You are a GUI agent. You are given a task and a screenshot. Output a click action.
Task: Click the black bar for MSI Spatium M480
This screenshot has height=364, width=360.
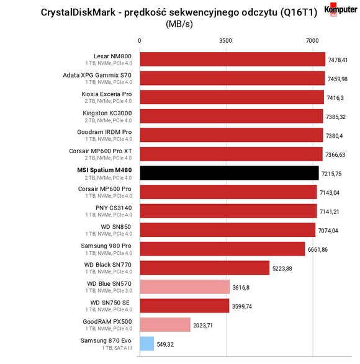click(x=229, y=173)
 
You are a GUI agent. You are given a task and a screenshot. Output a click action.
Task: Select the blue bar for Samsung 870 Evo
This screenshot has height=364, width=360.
click(x=147, y=344)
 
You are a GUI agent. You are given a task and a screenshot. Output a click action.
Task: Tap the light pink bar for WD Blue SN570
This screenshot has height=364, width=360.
click(x=185, y=286)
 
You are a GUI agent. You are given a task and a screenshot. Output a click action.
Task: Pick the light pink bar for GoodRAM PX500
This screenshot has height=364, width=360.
click(x=165, y=324)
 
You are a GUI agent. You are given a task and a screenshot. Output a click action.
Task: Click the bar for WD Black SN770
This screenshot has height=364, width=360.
click(x=205, y=268)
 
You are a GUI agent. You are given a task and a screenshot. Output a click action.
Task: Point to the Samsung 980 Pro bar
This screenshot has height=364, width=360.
click(x=222, y=249)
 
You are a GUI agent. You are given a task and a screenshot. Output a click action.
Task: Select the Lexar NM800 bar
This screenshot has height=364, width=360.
click(x=233, y=59)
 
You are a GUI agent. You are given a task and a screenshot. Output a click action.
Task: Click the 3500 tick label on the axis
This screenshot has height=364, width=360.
click(x=225, y=41)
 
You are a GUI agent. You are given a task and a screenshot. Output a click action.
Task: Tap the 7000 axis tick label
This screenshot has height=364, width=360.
click(x=312, y=41)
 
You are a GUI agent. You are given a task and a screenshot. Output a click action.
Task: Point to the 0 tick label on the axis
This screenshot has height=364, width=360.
click(x=139, y=41)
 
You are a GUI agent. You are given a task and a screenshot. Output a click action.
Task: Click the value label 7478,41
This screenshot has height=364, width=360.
click(x=338, y=60)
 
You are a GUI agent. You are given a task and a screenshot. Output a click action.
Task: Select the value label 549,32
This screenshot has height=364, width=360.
click(x=165, y=344)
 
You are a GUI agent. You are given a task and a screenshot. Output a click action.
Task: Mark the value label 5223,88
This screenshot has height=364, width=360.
click(x=282, y=269)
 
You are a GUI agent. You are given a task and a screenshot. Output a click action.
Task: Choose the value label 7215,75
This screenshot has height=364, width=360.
click(x=331, y=174)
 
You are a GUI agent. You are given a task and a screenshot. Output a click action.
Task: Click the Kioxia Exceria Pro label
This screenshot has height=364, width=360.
click(x=106, y=94)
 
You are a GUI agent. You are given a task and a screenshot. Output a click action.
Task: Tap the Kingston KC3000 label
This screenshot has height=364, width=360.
click(x=107, y=113)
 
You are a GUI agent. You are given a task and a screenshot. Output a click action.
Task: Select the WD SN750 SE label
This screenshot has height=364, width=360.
click(x=110, y=303)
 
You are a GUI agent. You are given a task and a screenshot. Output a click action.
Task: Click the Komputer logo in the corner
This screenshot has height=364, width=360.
click(x=341, y=9)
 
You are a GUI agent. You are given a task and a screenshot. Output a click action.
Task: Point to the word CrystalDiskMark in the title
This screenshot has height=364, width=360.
click(x=78, y=12)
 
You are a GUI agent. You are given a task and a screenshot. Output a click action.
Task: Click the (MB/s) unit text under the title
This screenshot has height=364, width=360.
click(x=179, y=24)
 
